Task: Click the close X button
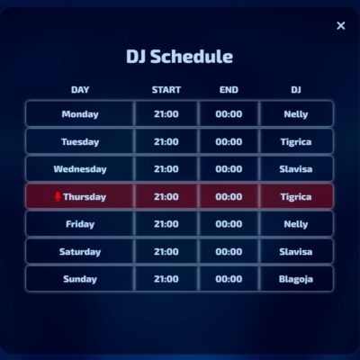point(340,26)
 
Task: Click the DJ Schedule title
point(180,57)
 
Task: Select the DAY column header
point(80,90)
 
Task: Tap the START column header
point(166,90)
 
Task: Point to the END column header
point(229,90)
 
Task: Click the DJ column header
point(296,90)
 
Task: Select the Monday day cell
point(80,114)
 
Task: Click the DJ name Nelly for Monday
point(296,114)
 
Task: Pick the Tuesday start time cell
point(166,141)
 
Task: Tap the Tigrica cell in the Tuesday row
point(296,141)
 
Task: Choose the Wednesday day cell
point(80,169)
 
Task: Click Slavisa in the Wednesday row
point(296,169)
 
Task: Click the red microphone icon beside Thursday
point(58,196)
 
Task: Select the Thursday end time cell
point(229,196)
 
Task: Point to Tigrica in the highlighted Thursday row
point(296,196)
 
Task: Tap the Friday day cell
point(80,224)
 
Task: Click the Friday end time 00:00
point(229,224)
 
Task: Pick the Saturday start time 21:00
point(166,252)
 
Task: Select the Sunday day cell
point(80,279)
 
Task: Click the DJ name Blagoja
point(296,279)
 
